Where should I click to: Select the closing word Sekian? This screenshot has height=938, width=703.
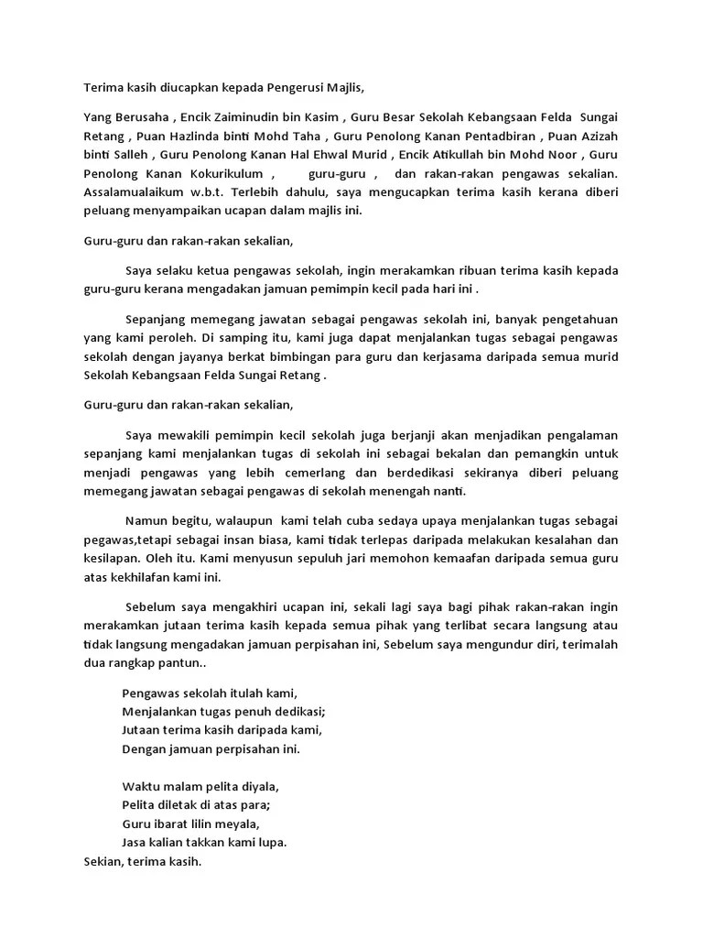coord(103,862)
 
